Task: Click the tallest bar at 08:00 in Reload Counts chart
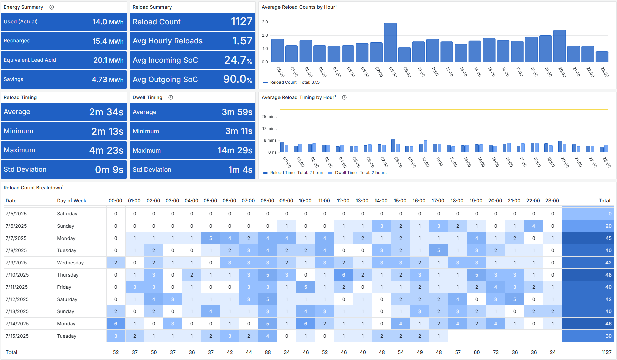[390, 42]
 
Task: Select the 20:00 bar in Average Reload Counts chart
[559, 46]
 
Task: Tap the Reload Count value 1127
[242, 22]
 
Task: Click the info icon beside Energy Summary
[52, 7]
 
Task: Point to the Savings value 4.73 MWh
[108, 79]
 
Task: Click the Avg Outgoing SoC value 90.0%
[237, 79]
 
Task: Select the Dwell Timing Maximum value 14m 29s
[235, 150]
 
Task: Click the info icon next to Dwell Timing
[171, 97]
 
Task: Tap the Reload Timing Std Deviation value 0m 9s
[109, 169]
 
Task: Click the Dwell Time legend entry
[346, 173]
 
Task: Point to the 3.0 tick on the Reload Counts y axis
[265, 22]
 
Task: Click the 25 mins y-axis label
[269, 117]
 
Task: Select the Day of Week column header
[72, 201]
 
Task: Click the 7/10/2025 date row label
[17, 275]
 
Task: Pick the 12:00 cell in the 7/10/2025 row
[344, 275]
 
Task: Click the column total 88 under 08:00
[268, 352]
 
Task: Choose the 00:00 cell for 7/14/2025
[116, 324]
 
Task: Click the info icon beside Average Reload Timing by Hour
[344, 97]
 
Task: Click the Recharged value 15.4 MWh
[108, 41]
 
